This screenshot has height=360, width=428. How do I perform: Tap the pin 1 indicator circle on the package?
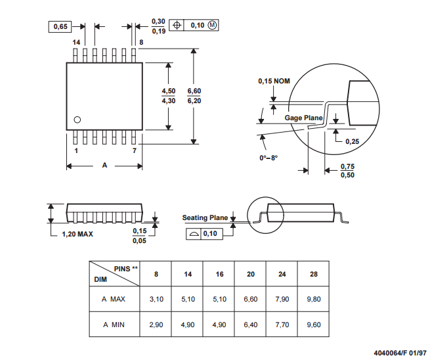pos(77,120)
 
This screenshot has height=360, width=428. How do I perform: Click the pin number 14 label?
pos(76,42)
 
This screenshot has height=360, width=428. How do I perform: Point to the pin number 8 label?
pos(141,42)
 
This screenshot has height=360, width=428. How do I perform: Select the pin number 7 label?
pos(135,150)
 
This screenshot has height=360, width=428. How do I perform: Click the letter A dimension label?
pos(104,166)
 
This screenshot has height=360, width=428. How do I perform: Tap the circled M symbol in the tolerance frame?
pos(212,25)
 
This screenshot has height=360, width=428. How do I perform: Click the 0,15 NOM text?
pos(274,81)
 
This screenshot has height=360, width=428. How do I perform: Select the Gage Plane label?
pos(303,118)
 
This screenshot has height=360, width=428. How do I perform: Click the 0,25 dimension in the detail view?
pos(352,141)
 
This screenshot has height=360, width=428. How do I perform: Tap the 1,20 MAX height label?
pos(77,234)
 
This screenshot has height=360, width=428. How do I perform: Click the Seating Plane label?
pos(205,217)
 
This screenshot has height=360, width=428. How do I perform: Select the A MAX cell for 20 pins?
pos(250,299)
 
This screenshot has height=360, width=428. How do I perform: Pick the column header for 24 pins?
pos(282,273)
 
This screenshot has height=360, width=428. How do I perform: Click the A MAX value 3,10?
pos(156,299)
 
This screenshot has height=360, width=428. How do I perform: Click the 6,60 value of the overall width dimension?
pos(194,91)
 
